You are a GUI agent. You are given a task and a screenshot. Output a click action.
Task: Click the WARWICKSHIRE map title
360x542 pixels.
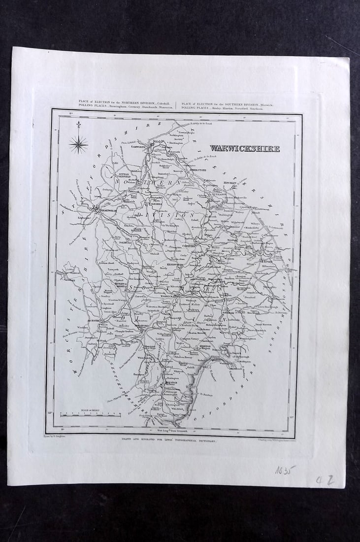click(245, 148)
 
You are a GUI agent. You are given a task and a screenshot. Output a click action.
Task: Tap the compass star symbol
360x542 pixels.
click(78, 144)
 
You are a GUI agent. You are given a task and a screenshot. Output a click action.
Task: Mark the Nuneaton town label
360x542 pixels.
click(219, 194)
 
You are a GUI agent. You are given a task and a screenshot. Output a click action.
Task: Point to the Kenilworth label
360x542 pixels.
click(173, 265)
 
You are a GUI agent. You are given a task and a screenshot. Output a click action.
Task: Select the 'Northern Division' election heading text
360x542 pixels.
click(125, 104)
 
